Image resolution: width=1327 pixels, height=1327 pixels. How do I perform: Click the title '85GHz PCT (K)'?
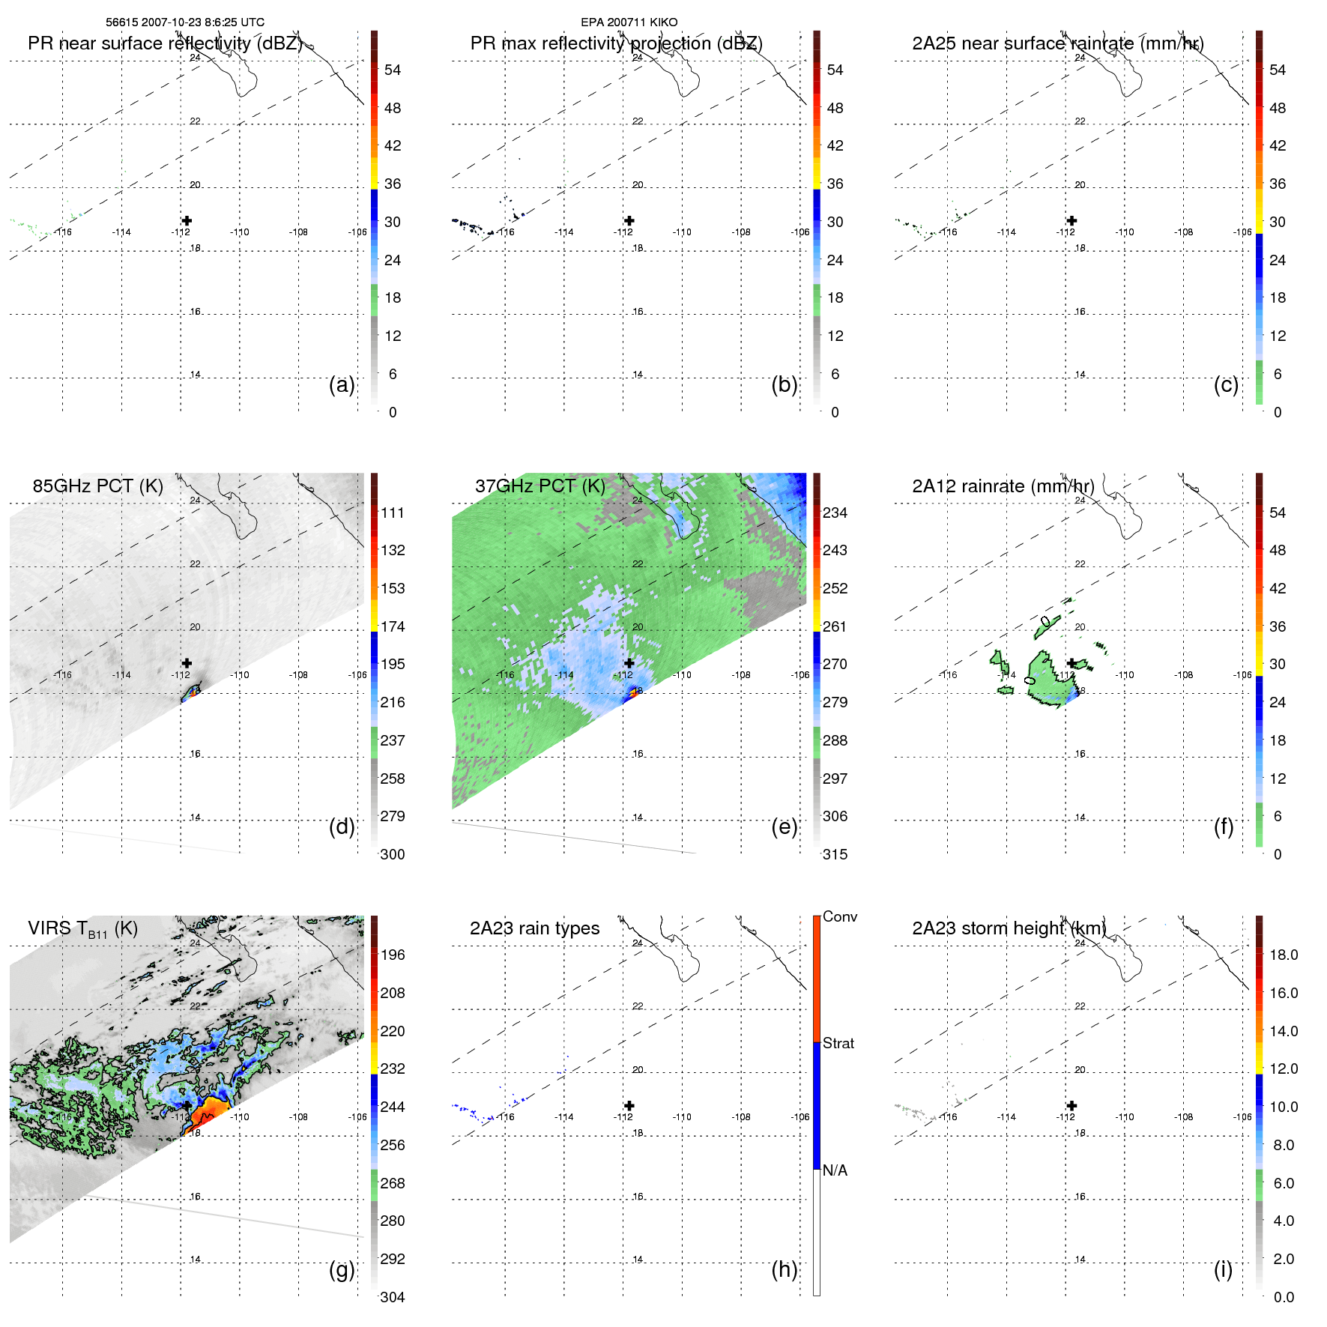(x=97, y=486)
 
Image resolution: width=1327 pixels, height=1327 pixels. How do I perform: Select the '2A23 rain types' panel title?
(x=534, y=928)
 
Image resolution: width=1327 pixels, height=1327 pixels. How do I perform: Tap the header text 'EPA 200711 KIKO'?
(x=629, y=22)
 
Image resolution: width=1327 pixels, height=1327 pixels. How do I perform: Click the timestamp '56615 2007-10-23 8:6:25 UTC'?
(x=184, y=22)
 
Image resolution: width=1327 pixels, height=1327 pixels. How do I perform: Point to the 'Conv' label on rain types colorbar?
(x=839, y=916)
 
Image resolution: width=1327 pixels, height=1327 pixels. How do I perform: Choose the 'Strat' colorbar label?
(x=838, y=1043)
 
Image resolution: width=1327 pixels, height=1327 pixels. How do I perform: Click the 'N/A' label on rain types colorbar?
(x=835, y=1170)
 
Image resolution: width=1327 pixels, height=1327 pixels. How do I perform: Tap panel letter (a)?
(x=342, y=384)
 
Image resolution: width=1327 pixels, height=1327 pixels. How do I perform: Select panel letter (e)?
(x=784, y=826)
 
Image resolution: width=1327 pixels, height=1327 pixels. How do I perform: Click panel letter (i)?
(x=1223, y=1269)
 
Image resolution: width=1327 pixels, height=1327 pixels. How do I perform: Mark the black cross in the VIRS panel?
(x=187, y=1105)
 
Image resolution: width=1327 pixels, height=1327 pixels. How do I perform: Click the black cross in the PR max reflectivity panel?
(x=629, y=220)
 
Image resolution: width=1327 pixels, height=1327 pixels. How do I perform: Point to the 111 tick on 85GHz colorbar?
(x=393, y=513)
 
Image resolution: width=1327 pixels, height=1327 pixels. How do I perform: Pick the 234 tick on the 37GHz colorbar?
(x=835, y=513)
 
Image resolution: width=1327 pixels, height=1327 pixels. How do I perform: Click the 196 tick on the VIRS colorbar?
(x=393, y=955)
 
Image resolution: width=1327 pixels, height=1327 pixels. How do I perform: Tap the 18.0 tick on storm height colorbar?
(x=1283, y=955)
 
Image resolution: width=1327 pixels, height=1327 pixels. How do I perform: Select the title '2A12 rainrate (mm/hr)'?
(x=1003, y=486)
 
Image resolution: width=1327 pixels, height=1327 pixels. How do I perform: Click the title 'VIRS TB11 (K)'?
(x=82, y=929)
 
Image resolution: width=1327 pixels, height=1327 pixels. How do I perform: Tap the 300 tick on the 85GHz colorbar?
(x=393, y=854)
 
